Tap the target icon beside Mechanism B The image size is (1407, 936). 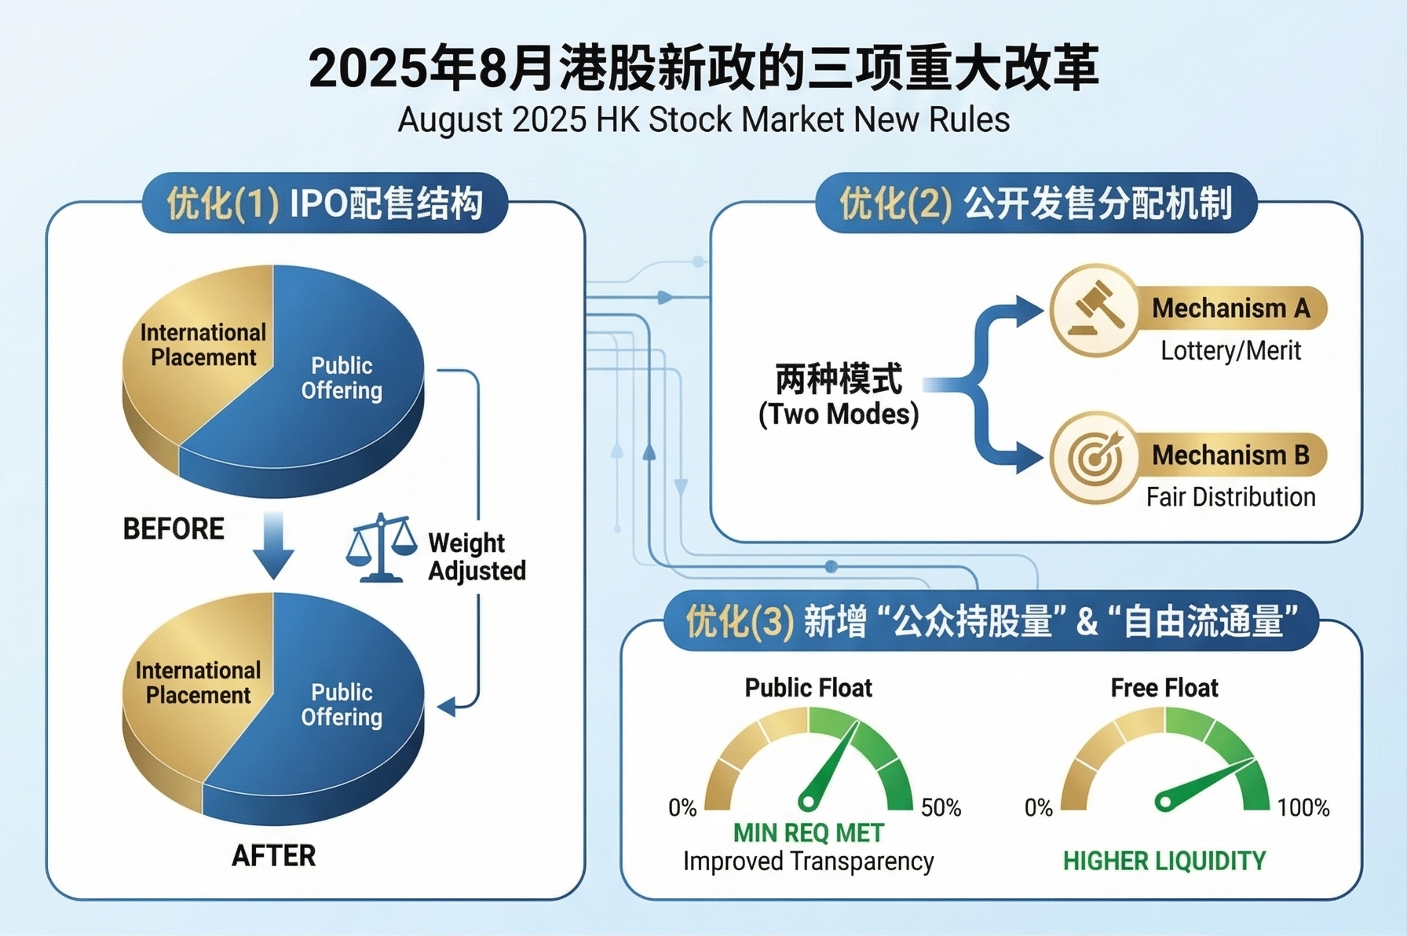[x=1095, y=457]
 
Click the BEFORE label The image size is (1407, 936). [x=174, y=528]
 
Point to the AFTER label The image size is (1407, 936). [x=273, y=855]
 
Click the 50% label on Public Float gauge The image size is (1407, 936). [x=941, y=807]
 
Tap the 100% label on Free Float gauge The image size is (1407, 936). [x=1303, y=807]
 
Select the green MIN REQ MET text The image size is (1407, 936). [x=808, y=832]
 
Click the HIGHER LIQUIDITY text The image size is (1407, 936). [x=1164, y=861]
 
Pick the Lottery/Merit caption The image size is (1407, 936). [x=1230, y=350]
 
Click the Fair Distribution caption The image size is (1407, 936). [x=1230, y=497]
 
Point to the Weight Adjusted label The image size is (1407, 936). [x=477, y=556]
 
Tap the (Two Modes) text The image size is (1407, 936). [x=839, y=414]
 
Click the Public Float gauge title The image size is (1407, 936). [x=808, y=688]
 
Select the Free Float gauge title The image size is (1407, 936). [x=1164, y=688]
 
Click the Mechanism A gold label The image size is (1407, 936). [x=1230, y=309]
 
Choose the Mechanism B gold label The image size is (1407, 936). [x=1230, y=455]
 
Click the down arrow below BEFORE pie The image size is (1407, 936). [x=273, y=545]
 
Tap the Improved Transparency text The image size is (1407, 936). [x=808, y=861]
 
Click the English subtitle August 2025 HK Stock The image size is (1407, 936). [x=703, y=120]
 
